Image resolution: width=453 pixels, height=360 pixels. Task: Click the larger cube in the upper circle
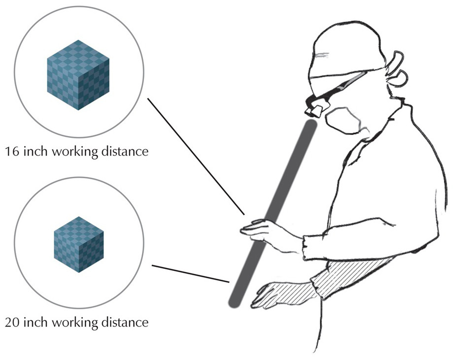tap(78, 75)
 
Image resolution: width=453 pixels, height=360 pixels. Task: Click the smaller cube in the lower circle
tap(79, 244)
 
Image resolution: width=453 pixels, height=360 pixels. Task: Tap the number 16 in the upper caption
tap(12, 151)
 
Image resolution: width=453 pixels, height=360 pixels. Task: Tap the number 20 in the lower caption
tap(12, 322)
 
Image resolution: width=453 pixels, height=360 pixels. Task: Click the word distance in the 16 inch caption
tap(125, 151)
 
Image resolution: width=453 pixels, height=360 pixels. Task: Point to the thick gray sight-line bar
tap(273, 213)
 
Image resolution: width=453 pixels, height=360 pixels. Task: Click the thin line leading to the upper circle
tap(196, 157)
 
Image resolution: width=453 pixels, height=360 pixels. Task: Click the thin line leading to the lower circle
tap(191, 274)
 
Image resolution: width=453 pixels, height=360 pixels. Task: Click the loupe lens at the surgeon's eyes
tap(315, 111)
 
